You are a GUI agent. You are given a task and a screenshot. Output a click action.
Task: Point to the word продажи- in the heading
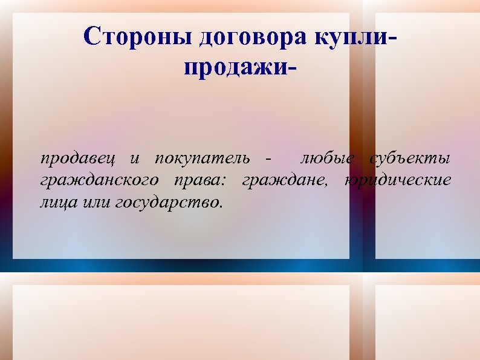240,68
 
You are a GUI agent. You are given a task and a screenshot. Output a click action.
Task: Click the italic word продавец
78,159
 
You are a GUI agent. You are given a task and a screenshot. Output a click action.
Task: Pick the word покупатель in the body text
203,159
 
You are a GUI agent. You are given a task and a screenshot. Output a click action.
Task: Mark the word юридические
398,180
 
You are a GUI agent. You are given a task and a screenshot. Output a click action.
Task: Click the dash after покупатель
268,160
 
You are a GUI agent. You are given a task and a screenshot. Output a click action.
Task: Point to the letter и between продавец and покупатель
135,160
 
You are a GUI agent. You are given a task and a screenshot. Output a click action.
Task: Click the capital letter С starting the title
91,37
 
